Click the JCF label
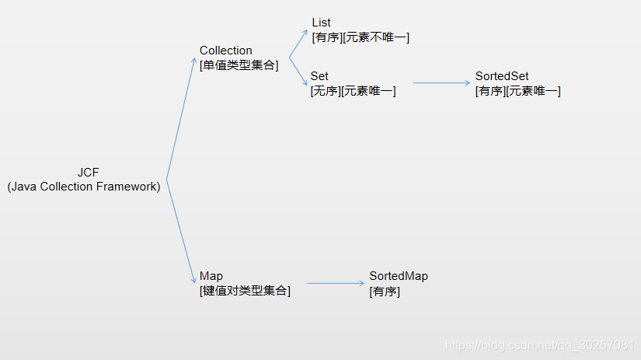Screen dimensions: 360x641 [x=88, y=172]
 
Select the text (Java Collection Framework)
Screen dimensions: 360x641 [x=84, y=187]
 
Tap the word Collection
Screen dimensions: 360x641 [x=225, y=51]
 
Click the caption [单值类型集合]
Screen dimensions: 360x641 [x=239, y=65]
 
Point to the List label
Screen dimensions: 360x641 [x=321, y=23]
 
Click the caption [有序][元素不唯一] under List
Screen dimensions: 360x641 [x=360, y=37]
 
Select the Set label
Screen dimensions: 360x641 [x=319, y=76]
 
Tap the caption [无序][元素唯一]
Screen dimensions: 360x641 [x=353, y=91]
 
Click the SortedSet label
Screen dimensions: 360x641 [x=502, y=76]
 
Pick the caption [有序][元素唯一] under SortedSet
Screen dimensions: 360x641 [x=517, y=91]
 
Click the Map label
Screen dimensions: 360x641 [x=211, y=276]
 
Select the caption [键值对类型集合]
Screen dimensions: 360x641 [x=245, y=291]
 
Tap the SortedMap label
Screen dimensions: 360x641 [x=398, y=276]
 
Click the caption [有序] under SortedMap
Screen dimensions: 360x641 [x=385, y=292]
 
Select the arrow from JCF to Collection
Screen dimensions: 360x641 [x=182, y=117]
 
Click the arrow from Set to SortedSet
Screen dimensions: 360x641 [x=441, y=82]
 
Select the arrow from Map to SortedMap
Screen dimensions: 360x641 [x=336, y=283]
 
